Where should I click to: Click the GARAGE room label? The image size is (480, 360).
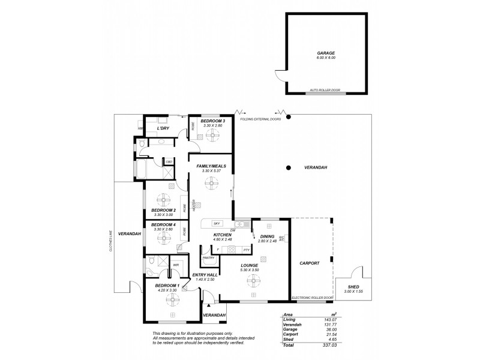326,52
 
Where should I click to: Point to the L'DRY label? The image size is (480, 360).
162,128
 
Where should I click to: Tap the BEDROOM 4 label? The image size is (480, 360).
163,224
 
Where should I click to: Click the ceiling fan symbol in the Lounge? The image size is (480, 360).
250,280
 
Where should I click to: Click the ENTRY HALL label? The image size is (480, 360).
204,275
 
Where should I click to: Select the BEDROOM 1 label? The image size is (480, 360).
167,286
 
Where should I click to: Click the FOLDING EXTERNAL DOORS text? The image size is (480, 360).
262,119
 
